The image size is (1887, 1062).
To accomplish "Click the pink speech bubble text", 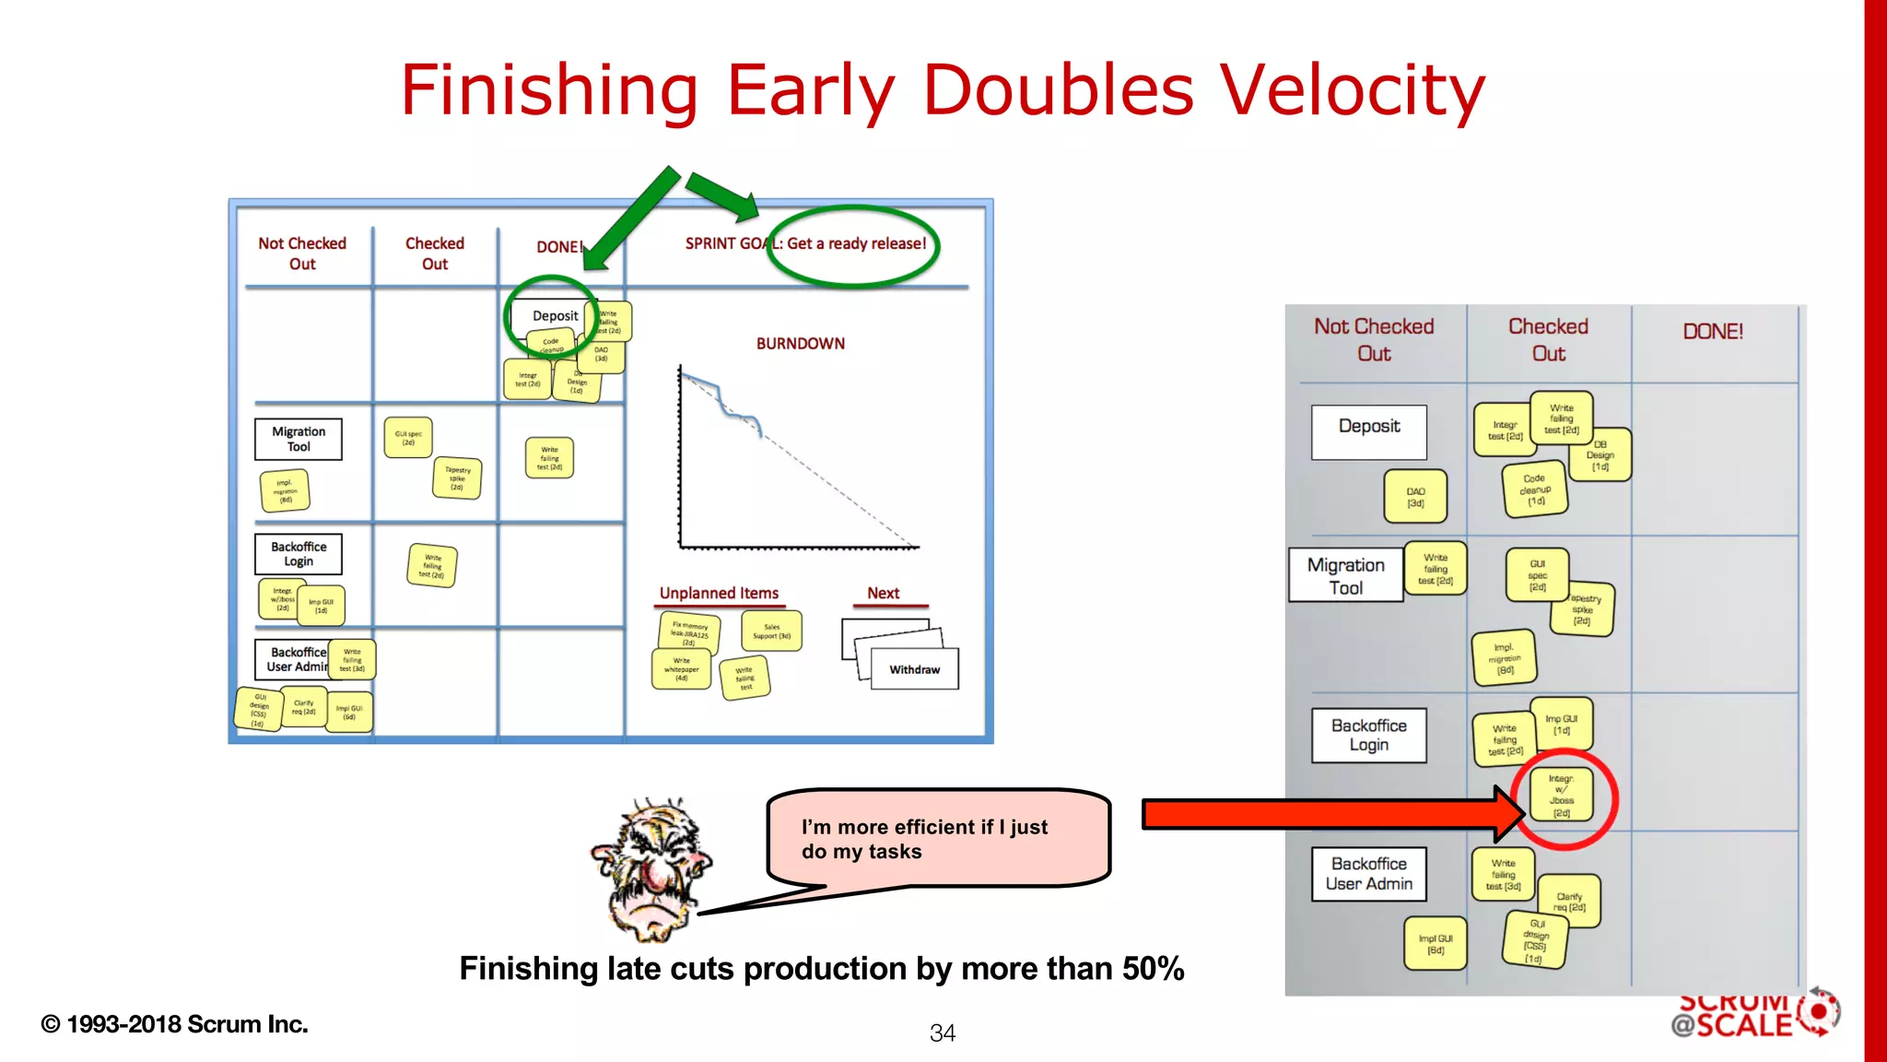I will (924, 839).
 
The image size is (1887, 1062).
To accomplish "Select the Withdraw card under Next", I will (914, 669).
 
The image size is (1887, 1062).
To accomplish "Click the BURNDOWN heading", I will (800, 344).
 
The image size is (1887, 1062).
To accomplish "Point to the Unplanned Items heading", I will (719, 593).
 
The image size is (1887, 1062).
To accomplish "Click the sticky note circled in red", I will (1562, 796).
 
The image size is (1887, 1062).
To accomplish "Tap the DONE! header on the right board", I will (1712, 332).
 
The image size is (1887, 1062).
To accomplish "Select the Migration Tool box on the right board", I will (1345, 575).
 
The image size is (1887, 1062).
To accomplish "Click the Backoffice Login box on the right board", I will (1368, 735).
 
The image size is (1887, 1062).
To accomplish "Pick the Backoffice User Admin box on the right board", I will (1368, 873).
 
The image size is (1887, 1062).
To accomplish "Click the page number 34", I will (942, 1033).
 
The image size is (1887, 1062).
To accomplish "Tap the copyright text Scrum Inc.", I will (174, 1024).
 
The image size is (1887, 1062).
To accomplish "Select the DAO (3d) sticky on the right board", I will (1415, 497).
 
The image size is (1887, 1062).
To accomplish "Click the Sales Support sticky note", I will (771, 631).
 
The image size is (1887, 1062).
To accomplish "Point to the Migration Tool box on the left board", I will (298, 439).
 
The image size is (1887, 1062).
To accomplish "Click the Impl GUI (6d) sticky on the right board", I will (1435, 944).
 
